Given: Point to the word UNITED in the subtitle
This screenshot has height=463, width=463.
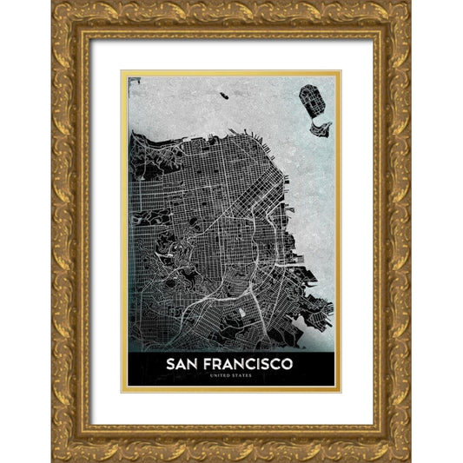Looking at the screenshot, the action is click(x=221, y=375).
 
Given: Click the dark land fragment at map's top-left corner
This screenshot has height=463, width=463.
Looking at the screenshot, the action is click(x=133, y=82).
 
